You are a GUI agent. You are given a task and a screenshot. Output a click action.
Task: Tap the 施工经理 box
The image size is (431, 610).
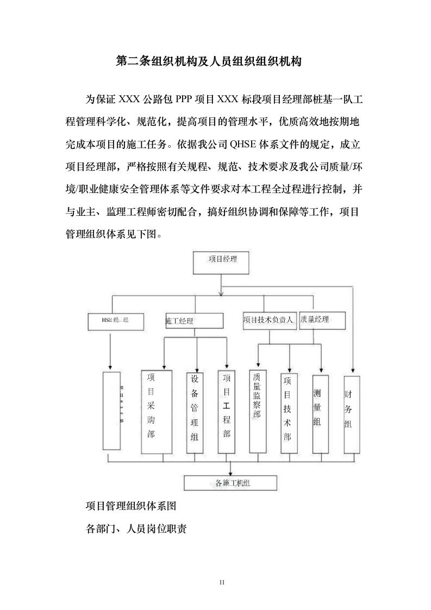[x=193, y=321]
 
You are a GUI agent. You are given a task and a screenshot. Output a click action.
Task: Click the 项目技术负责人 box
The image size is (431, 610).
[x=269, y=320]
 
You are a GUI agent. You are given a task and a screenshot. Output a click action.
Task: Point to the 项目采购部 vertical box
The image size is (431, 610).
[x=156, y=412]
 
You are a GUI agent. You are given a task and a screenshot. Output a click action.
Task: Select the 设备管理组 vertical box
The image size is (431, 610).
[x=195, y=413]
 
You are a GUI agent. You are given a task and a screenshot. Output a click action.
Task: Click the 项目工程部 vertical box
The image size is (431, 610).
[x=226, y=412]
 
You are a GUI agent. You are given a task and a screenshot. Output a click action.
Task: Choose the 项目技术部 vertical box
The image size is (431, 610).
[x=289, y=413]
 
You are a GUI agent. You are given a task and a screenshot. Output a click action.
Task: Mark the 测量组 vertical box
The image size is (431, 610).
[x=320, y=414]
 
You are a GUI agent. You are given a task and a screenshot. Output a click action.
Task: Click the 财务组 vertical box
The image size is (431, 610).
[x=351, y=414]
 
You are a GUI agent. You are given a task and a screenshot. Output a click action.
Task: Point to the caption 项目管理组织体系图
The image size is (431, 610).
[x=132, y=506]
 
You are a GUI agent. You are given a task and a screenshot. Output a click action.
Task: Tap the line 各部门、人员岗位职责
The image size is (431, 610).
[x=136, y=528]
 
